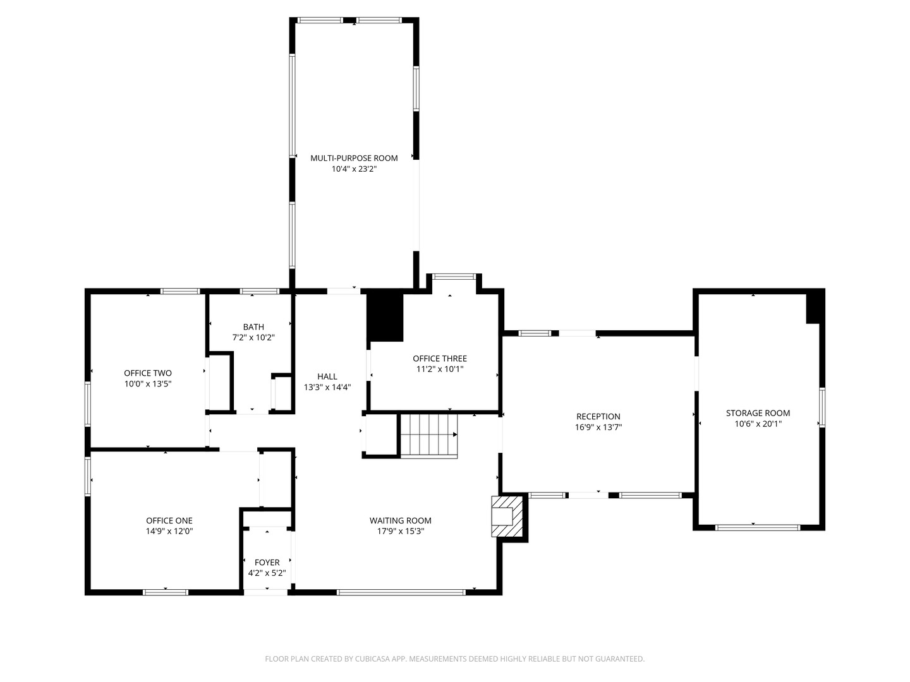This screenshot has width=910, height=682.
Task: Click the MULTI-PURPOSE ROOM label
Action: click(x=354, y=158)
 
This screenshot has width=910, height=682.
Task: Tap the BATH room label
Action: click(x=253, y=326)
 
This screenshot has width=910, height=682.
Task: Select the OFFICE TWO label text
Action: click(x=148, y=373)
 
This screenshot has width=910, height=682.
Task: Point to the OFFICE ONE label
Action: click(x=169, y=520)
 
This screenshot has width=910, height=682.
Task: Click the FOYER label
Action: click(x=267, y=562)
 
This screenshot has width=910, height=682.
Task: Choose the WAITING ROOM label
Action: click(x=401, y=520)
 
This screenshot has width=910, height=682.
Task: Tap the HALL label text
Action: click(x=327, y=376)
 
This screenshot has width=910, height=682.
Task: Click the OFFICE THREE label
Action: click(x=440, y=359)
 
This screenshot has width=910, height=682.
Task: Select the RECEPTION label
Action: click(x=598, y=417)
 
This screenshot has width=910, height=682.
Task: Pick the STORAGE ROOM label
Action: click(x=758, y=413)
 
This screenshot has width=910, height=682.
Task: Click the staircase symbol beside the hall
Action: click(x=428, y=435)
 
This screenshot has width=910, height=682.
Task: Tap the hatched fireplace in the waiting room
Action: click(x=507, y=516)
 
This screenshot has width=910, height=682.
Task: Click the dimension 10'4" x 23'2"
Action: click(x=354, y=169)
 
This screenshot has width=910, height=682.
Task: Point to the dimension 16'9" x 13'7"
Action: click(x=598, y=428)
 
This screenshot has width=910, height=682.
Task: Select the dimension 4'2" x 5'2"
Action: click(x=267, y=573)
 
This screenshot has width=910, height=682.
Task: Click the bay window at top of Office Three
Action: click(x=454, y=277)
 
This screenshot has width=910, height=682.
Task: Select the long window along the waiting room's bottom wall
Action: click(x=401, y=592)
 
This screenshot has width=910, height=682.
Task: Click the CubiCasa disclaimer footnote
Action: click(x=455, y=659)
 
